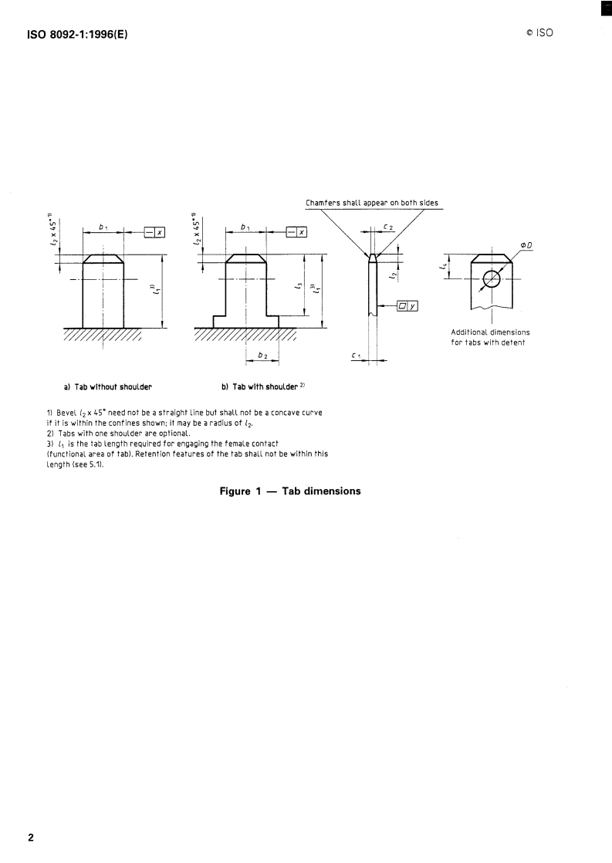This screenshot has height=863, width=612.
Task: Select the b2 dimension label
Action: pos(261,355)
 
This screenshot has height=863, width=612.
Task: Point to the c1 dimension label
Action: pos(356,355)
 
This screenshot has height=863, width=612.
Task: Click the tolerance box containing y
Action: pos(406,306)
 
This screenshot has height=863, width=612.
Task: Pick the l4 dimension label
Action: pos(442,267)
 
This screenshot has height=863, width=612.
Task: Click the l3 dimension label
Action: pos(297,286)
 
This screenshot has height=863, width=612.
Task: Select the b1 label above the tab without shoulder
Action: pos(103,227)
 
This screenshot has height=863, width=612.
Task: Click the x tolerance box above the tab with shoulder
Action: pos(296,231)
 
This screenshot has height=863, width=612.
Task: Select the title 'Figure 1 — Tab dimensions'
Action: pos(290,491)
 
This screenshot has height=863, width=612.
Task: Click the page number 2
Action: pos(31,837)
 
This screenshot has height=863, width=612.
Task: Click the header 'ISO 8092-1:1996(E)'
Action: pos(77,33)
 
